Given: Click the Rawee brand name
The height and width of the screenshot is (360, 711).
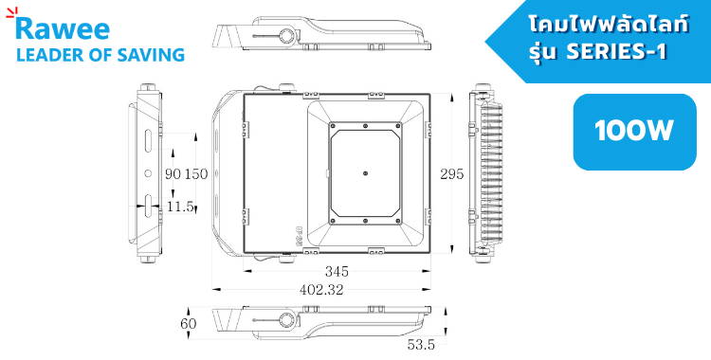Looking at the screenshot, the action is click(x=63, y=28).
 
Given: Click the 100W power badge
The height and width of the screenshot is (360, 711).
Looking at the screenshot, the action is click(x=634, y=132).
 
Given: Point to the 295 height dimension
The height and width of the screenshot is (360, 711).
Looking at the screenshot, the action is click(x=451, y=174).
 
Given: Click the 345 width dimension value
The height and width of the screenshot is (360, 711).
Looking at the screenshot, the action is click(x=337, y=271).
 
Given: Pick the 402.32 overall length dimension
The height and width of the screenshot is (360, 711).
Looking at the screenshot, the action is click(x=321, y=289).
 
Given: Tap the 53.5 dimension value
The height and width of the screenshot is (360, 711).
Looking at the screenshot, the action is click(x=421, y=345).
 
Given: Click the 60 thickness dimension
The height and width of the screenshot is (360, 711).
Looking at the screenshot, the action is click(x=189, y=324).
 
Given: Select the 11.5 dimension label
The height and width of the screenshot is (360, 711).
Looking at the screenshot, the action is click(x=180, y=207).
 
